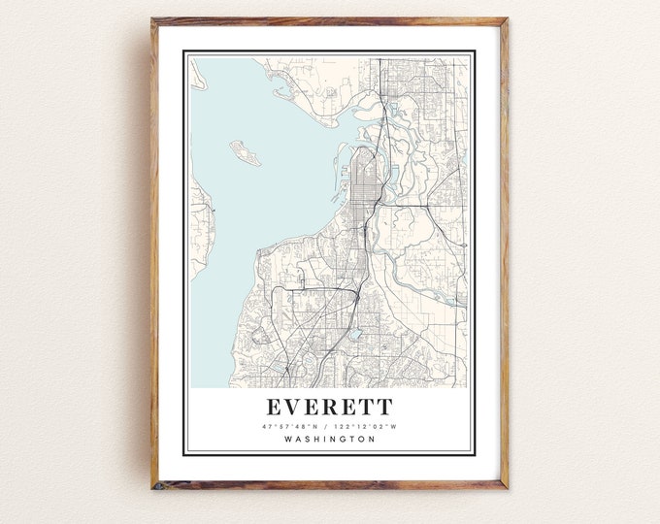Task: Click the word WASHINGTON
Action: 329,440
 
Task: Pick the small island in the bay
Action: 244,152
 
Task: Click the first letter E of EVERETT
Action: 273,406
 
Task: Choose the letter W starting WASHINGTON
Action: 289,440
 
